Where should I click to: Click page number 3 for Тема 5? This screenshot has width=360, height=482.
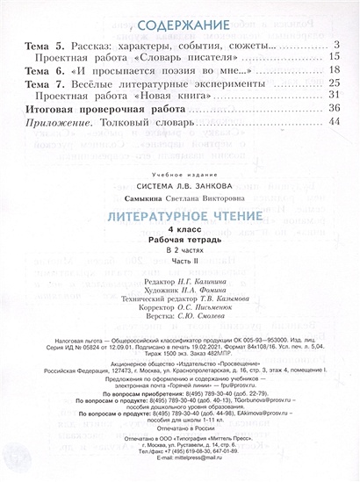337,45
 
